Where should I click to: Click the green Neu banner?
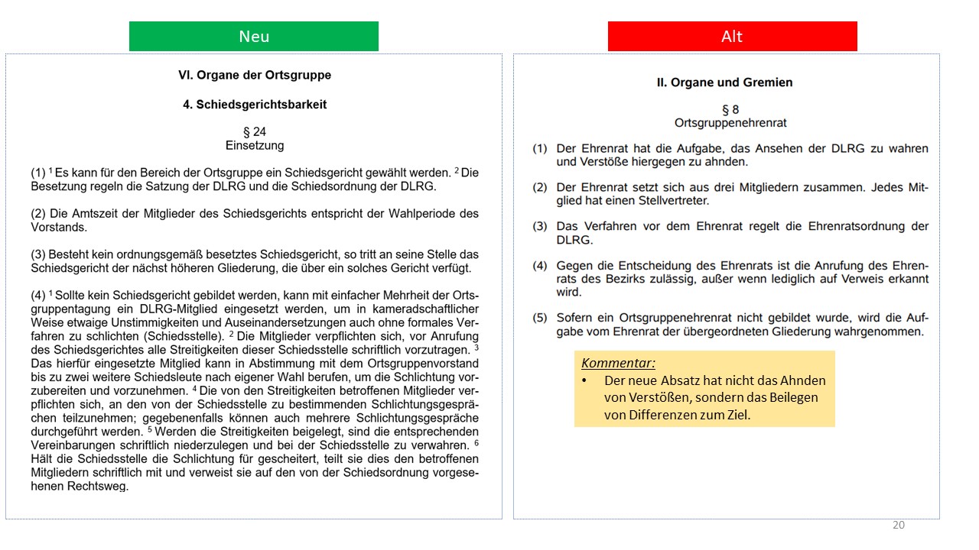[254, 37]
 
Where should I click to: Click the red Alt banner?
[732, 37]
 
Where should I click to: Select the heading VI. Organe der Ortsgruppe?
[255, 76]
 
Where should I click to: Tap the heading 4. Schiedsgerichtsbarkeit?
[255, 105]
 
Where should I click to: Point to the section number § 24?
[255, 132]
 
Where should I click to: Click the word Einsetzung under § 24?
[255, 145]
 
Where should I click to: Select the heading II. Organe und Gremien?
[724, 82]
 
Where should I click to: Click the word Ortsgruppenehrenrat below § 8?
[730, 123]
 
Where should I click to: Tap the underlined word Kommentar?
[618, 363]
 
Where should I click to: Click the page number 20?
[899, 525]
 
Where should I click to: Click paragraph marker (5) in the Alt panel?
[541, 318]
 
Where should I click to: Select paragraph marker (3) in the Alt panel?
[541, 227]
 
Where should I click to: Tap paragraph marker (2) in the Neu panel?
[38, 213]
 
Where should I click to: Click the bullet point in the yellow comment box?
[585, 380]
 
